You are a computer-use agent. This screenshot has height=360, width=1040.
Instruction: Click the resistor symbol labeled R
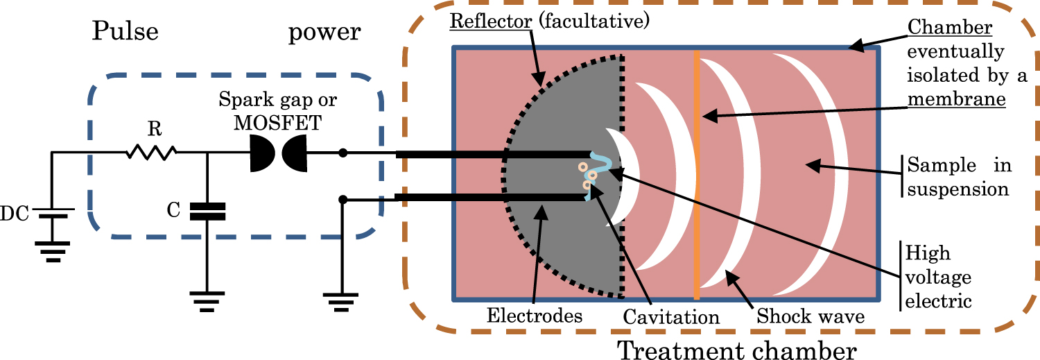click(151, 153)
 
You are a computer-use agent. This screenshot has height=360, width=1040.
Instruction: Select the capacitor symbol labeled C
click(207, 211)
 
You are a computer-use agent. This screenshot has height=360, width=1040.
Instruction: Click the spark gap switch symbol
click(277, 153)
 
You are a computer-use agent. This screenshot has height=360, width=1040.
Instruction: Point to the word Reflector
click(489, 20)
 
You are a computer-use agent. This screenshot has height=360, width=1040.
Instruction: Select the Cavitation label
click(670, 317)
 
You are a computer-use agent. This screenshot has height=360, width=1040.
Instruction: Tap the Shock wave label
click(811, 317)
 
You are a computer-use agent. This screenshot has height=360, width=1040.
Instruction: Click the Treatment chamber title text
click(736, 349)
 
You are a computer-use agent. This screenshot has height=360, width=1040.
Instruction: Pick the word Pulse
click(125, 33)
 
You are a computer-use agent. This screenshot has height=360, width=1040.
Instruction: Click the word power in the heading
click(324, 33)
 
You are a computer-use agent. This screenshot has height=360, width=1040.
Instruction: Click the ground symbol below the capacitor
click(207, 300)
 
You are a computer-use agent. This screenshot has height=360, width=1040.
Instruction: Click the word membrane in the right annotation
click(957, 100)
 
